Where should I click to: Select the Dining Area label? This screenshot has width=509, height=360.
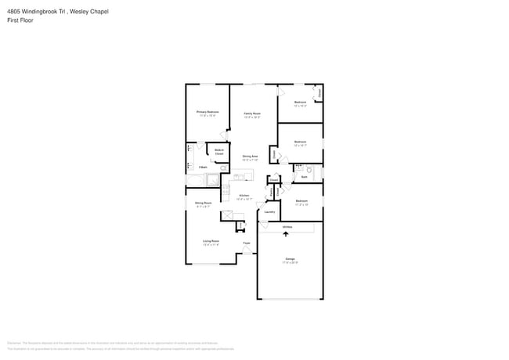pos(250,157)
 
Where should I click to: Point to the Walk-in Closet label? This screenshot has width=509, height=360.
pos(219,151)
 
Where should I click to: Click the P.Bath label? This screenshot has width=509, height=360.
pos(202,167)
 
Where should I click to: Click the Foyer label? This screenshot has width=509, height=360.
pos(246,243)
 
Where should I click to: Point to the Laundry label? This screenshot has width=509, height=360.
pos(269,211)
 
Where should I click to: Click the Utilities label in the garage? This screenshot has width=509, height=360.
pos(288,226)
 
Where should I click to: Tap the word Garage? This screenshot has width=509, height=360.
pos(290,258)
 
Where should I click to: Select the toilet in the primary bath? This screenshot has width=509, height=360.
pos(223,167)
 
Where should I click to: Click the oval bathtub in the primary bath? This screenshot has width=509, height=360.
pos(193,180)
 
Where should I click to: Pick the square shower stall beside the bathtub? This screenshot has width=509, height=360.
pos(213,180)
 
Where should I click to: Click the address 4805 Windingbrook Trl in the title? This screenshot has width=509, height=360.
pos(33,12)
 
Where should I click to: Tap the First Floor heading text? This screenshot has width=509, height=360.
pos(20,20)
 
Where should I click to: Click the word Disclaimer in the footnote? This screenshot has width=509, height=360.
pos(14,342)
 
